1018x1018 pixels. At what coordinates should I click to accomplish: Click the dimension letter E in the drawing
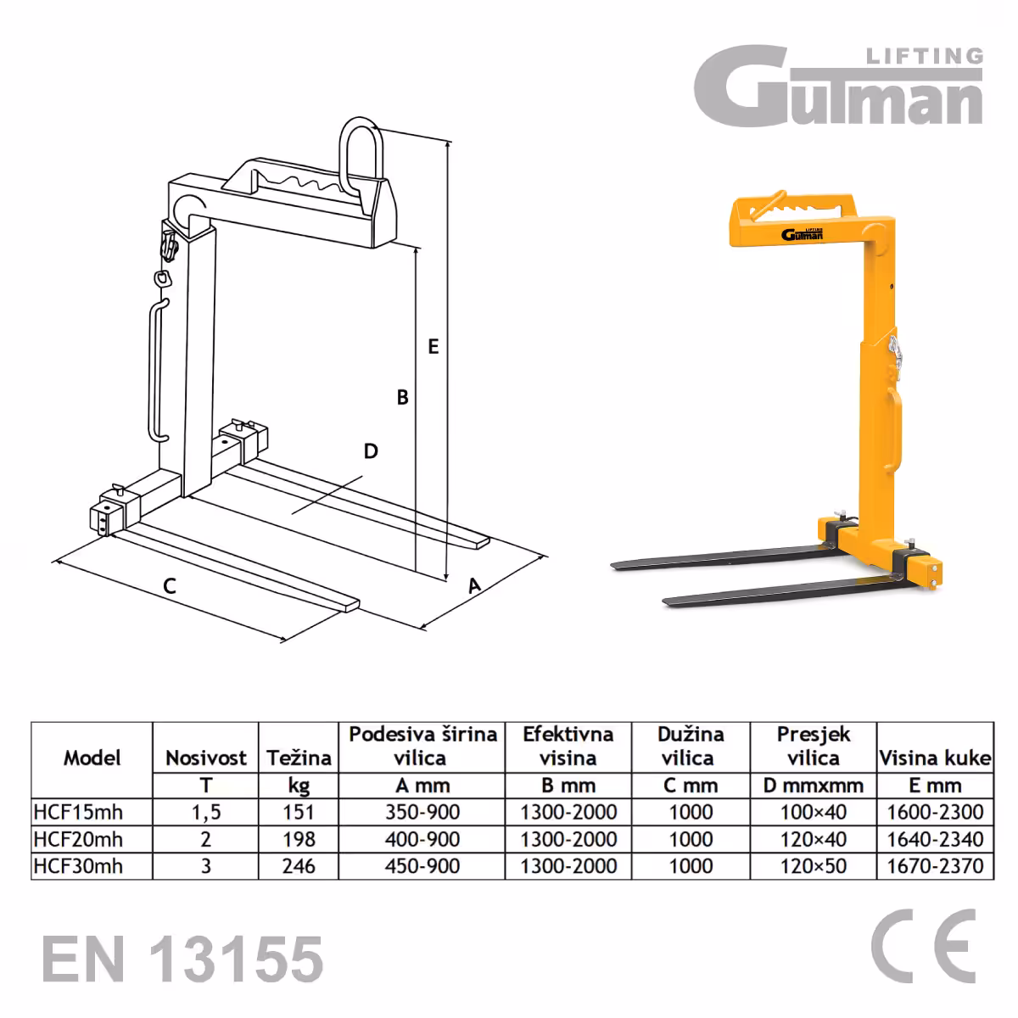pos(433,347)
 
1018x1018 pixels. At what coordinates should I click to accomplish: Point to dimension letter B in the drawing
pos(403,397)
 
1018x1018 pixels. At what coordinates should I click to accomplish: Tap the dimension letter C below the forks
pos(169,586)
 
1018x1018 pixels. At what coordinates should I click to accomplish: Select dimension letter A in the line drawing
pos(474,585)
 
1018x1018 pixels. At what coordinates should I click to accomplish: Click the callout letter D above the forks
pos(371,451)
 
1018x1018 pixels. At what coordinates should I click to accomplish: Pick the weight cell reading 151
pos(299,812)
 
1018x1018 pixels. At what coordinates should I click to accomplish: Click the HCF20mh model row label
pos(78,839)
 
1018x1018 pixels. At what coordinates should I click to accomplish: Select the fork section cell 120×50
pos(813,866)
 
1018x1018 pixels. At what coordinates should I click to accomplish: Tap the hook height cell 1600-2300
pos(935,812)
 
